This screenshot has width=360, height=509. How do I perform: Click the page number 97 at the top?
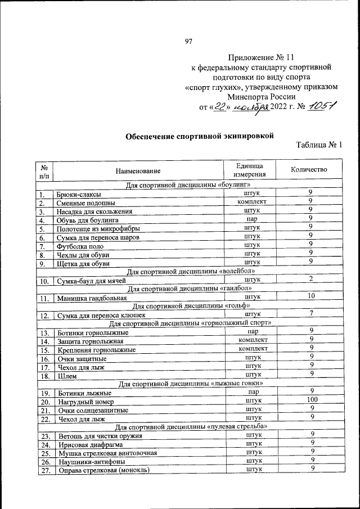coord(188,40)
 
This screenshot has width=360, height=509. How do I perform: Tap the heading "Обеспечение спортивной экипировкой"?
coord(199,136)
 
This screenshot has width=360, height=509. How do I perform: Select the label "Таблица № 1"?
coord(319,145)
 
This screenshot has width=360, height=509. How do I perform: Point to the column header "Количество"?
coord(308,170)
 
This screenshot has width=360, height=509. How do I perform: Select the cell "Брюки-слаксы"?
coord(78,194)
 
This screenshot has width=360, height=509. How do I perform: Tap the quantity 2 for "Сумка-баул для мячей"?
coord(310,278)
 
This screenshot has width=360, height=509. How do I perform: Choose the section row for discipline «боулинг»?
coord(184,185)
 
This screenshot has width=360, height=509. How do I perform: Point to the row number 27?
coord(46,471)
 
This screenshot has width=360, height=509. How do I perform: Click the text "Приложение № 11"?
coord(261,57)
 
